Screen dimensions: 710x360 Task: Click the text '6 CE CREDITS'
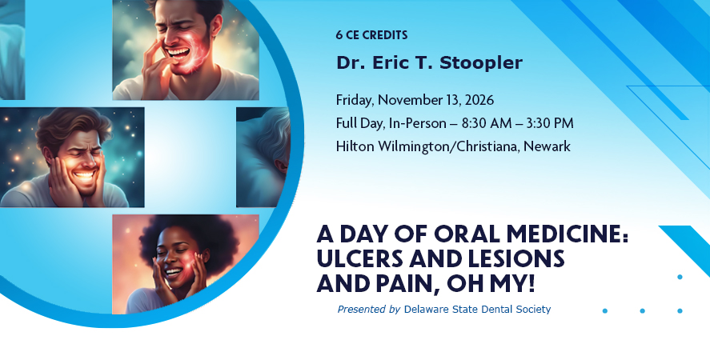click(x=371, y=35)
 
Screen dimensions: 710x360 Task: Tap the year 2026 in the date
click(x=479, y=100)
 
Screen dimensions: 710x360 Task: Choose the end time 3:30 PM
click(x=549, y=123)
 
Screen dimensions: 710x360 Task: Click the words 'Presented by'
click(x=368, y=310)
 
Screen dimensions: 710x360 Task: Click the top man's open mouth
click(x=179, y=54)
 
